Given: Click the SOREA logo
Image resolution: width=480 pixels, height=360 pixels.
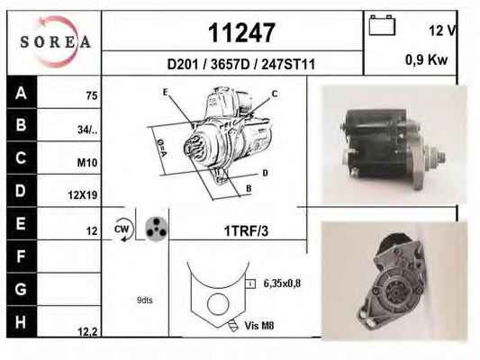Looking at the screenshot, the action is [x=56, y=41].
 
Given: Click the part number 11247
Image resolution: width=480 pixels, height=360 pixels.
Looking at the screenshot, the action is [x=241, y=32].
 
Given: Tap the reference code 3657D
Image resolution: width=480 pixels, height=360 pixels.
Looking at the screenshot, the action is [x=231, y=65].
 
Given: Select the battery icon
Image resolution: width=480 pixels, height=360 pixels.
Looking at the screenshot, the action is [x=382, y=25].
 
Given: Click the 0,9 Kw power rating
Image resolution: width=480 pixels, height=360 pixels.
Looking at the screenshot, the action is [x=427, y=59].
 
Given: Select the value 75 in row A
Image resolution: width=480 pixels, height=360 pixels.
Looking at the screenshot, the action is [x=92, y=96].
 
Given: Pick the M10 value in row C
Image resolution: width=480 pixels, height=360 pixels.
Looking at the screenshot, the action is [x=87, y=163].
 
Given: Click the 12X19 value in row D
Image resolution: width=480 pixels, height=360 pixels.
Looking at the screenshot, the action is [x=83, y=195].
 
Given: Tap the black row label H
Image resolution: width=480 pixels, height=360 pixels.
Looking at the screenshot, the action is [x=21, y=322].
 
